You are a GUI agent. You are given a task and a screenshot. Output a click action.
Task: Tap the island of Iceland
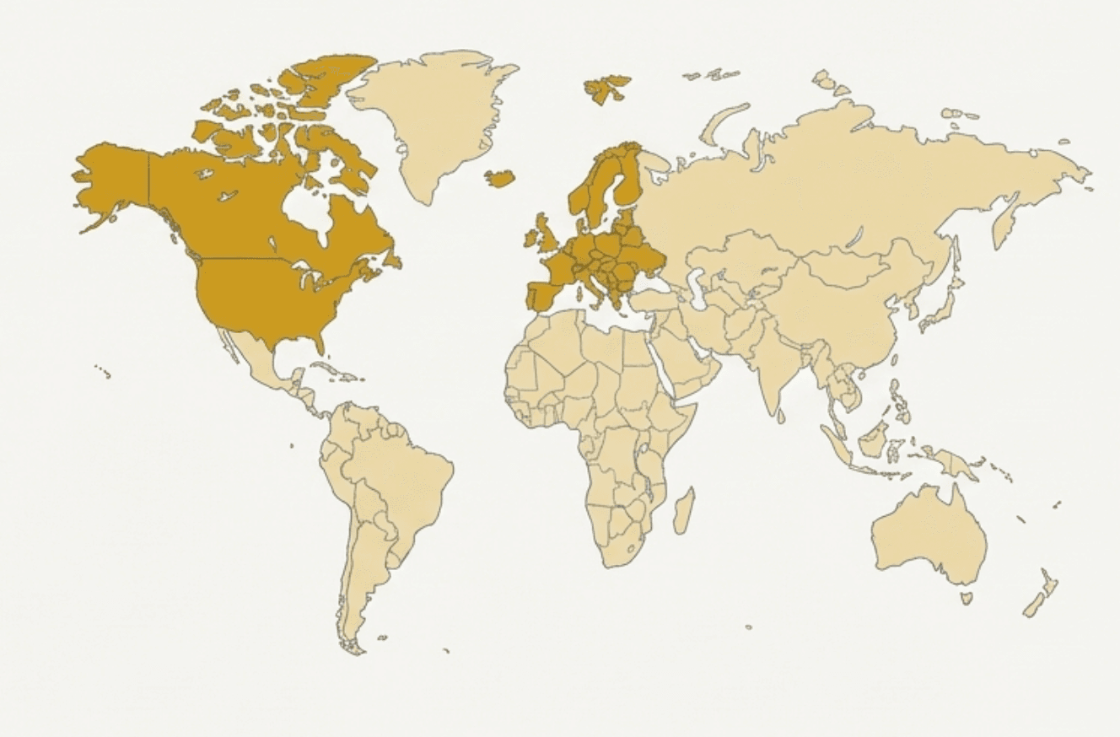(499, 178)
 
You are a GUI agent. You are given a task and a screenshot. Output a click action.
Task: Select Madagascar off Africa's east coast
(684, 511)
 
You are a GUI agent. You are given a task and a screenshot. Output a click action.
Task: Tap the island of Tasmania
(967, 598)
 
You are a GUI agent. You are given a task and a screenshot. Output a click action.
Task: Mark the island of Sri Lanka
(781, 415)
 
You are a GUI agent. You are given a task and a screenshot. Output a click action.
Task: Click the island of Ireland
(531, 238)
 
